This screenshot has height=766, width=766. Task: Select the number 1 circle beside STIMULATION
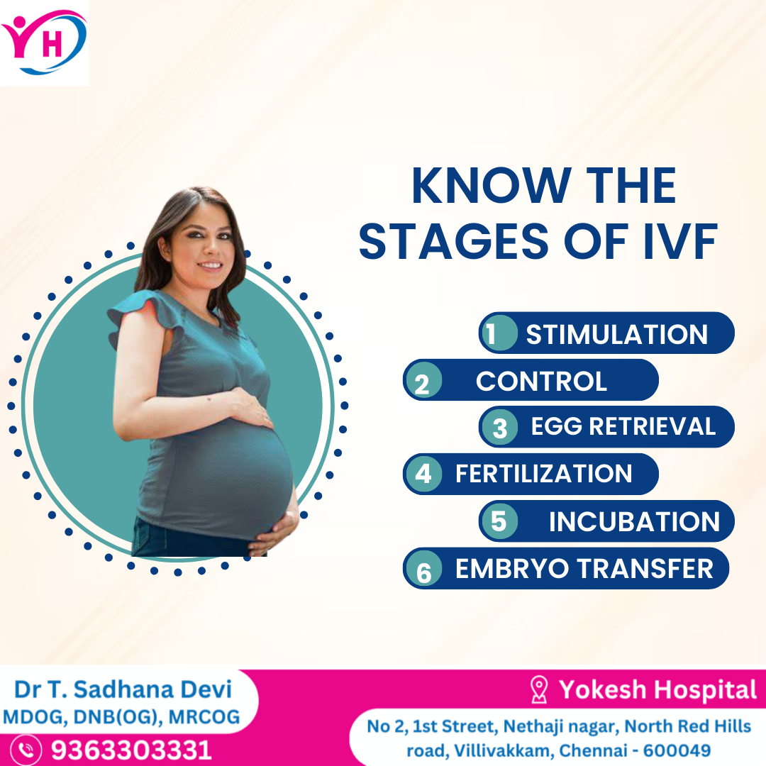coord(499,333)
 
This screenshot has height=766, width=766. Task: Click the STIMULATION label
coord(616,335)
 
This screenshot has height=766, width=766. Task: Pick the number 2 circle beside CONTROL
coord(423,381)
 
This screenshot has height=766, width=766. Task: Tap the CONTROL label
coord(541,381)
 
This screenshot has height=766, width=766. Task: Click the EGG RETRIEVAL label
coord(623,426)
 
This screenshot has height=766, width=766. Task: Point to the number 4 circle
coord(423,474)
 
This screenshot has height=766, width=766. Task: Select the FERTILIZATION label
coord(544,474)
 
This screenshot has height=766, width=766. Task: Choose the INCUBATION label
coord(634,522)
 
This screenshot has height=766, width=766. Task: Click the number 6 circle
coord(423,569)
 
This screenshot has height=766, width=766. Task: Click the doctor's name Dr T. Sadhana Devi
coord(123,690)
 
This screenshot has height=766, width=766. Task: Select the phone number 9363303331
coord(131,750)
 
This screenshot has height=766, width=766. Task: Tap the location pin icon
coord(539,689)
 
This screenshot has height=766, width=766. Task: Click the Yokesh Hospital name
coord(657,690)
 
